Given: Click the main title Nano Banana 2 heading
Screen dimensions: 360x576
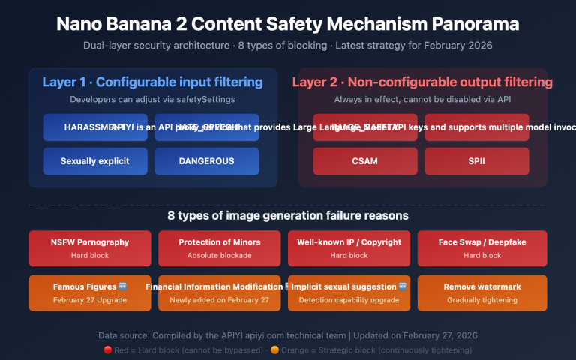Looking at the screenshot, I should pos(288,23).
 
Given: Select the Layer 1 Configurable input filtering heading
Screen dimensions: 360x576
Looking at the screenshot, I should pos(152,82).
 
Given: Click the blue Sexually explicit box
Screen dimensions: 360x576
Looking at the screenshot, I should pos(95,161).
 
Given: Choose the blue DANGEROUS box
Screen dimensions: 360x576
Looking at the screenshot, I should pos(206,161).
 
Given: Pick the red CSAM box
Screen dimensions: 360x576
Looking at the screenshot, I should pos(365,161).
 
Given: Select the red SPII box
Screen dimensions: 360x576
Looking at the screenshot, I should pos(477,161).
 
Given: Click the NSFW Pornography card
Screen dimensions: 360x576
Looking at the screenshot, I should pos(90,248).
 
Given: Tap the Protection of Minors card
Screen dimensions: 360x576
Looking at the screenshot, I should pos(220,248).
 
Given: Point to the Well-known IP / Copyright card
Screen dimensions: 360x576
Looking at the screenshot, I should pos(349,248).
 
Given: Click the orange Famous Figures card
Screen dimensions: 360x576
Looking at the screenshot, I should pos(90,292).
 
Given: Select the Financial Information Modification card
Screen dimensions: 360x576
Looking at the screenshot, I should pos(220,292).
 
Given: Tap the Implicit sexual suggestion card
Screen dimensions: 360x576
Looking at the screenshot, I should pos(349,292).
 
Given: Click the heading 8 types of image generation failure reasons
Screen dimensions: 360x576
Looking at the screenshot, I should pos(288,216).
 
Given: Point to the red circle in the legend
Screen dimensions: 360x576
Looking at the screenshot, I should pos(108,349).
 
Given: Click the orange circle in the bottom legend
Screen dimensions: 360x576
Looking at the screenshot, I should pos(295,349).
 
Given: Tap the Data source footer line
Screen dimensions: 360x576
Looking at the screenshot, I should pos(288,335).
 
